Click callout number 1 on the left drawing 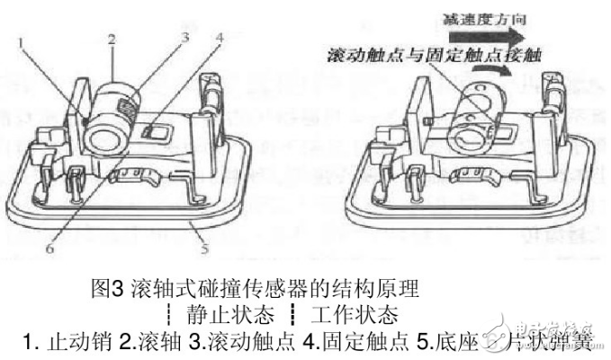click(x=21, y=41)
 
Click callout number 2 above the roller click(x=112, y=40)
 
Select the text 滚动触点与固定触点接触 click(x=421, y=56)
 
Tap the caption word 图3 click(x=106, y=290)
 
